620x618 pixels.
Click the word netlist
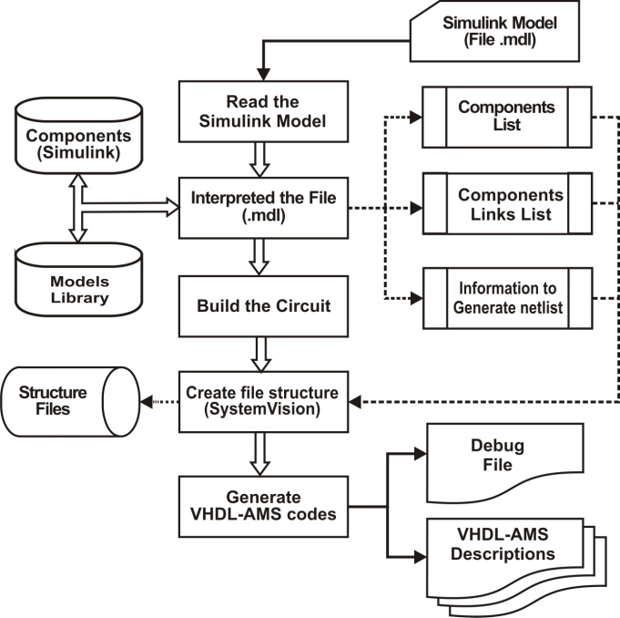point(537,307)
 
